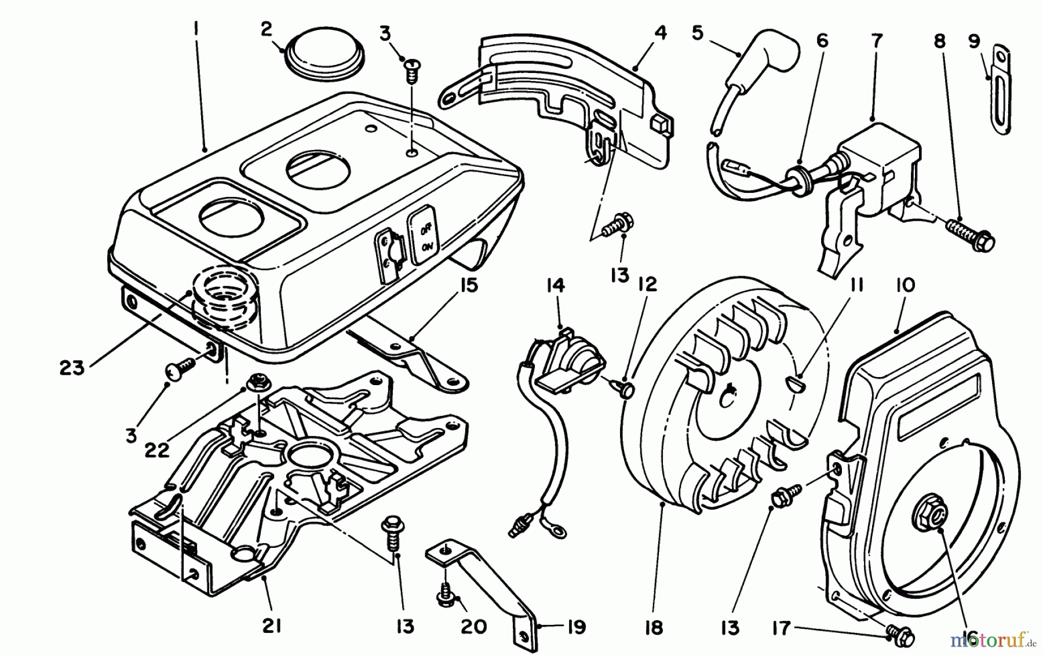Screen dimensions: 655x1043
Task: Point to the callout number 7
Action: point(877,41)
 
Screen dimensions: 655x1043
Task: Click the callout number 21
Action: point(272,626)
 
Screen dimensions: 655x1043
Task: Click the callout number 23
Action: point(72,367)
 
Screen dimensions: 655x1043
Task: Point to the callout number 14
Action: point(555,286)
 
